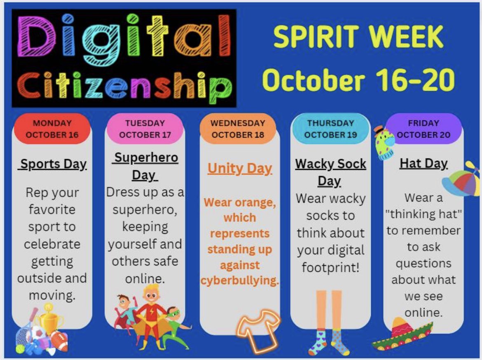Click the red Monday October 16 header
tap(52, 129)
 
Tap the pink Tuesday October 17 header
tap(145, 129)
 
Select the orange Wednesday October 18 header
tap(238, 129)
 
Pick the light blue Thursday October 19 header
tap(330, 129)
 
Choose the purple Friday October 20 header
tap(424, 129)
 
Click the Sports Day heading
tap(53, 164)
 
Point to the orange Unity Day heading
tap(239, 168)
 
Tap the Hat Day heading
tap(423, 164)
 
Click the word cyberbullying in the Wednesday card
tap(239, 281)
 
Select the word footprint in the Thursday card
tap(330, 268)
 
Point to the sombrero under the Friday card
tap(402, 334)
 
